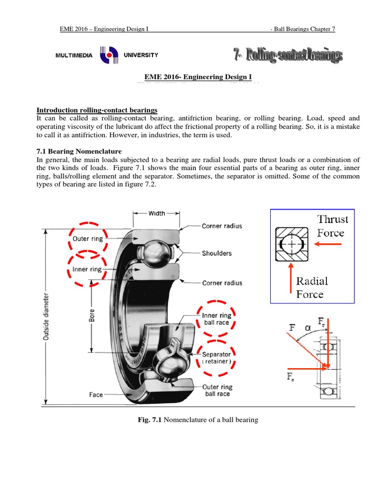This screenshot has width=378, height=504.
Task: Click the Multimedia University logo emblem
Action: (x=108, y=56)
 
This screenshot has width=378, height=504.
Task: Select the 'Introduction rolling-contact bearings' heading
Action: (x=97, y=110)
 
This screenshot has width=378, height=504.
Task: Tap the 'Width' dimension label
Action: (x=157, y=214)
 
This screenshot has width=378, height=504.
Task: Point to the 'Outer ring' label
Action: (x=88, y=239)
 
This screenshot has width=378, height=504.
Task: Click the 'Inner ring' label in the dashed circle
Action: (x=87, y=269)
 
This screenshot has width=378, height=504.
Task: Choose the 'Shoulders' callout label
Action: (x=217, y=253)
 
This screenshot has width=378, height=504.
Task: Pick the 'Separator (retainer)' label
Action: (x=217, y=358)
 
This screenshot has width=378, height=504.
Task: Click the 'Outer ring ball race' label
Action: (x=218, y=390)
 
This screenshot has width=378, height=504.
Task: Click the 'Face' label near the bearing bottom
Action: (x=96, y=395)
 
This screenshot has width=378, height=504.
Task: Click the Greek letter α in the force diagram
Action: (x=308, y=327)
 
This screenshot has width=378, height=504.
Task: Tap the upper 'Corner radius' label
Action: (x=221, y=226)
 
